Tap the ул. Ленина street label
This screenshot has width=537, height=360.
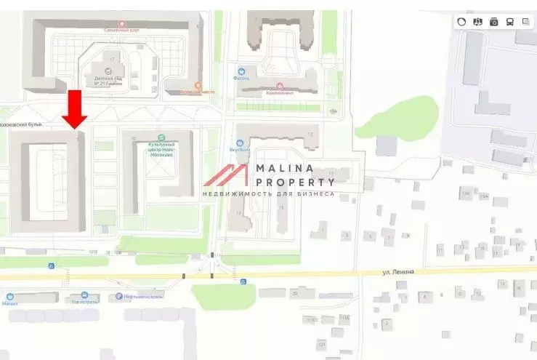pyautogui.click(x=399, y=271)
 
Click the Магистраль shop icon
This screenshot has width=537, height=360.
pyautogui.click(x=86, y=295)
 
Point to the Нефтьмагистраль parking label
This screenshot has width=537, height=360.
pyautogui.click(x=142, y=297)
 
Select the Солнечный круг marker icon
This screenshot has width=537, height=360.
pyautogui.click(x=121, y=23)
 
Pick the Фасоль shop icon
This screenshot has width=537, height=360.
pyautogui.click(x=241, y=71)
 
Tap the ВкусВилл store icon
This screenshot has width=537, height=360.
pyautogui.click(x=240, y=142)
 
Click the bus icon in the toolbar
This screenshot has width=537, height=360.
pyautogui.click(x=510, y=22)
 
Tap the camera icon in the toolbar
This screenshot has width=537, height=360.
pyautogui.click(x=494, y=22)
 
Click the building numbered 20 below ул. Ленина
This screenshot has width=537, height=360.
pyautogui.click(x=294, y=294)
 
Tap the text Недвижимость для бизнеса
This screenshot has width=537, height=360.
pyautogui.click(x=267, y=194)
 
